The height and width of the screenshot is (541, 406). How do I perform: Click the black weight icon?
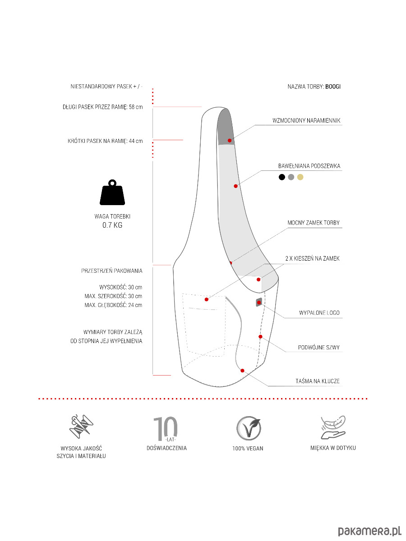click(112, 193)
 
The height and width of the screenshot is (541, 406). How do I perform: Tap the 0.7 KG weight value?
click(112, 225)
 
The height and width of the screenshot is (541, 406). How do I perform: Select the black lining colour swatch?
click(282, 177)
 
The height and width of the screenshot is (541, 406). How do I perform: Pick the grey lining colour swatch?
click(291, 177)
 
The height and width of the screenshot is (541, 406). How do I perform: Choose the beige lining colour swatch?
click(300, 177)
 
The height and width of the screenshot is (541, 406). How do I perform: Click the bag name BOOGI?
click(333, 87)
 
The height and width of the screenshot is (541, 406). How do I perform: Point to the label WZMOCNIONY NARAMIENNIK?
click(306, 121)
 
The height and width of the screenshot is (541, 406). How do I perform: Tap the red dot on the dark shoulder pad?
click(230, 141)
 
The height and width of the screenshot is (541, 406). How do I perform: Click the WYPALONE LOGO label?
click(319, 312)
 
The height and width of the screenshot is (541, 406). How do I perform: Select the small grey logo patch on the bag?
click(259, 303)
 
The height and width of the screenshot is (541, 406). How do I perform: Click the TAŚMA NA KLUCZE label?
click(314, 381)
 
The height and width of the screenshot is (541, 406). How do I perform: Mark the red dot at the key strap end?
click(242, 371)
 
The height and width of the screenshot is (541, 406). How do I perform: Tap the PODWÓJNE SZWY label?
click(319, 348)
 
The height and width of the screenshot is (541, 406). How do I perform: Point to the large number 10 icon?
click(166, 429)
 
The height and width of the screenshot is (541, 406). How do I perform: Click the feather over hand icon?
click(332, 427)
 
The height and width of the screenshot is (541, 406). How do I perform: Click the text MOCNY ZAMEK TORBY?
click(314, 223)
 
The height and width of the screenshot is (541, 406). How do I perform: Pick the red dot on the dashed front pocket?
click(207, 299)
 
